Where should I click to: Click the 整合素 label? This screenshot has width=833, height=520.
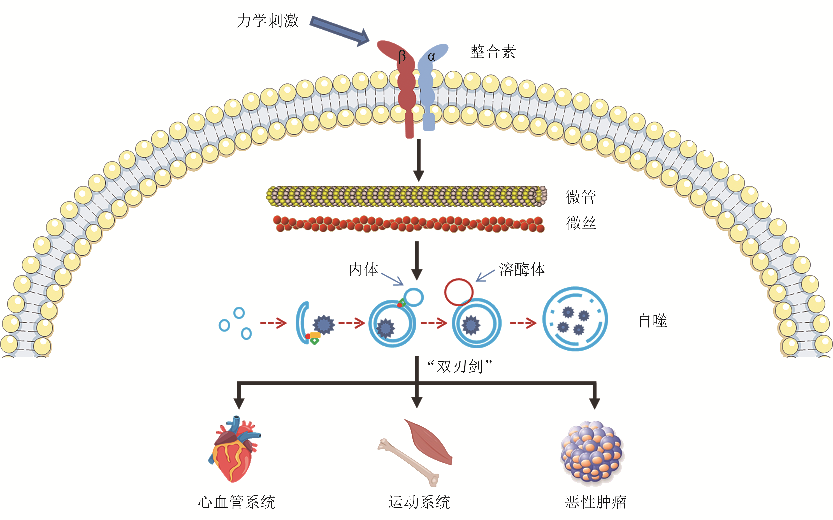point(493,52)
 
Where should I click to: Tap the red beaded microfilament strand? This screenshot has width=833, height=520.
point(409,224)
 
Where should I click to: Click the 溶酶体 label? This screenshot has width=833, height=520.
point(522,269)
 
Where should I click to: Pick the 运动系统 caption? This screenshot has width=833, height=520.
point(419,502)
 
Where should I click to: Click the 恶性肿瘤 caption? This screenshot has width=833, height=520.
point(595,502)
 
